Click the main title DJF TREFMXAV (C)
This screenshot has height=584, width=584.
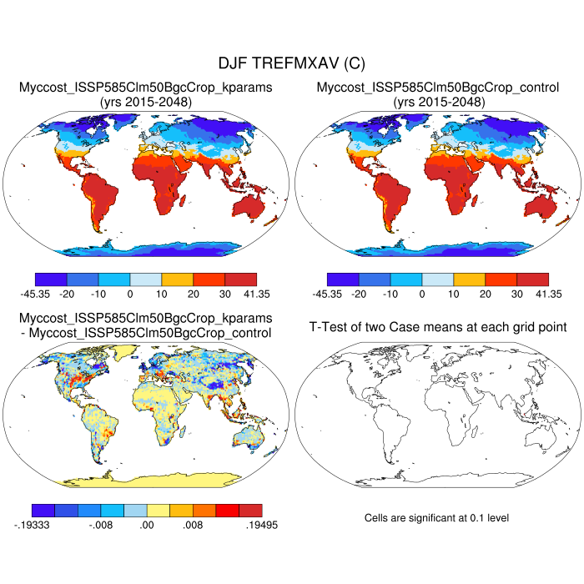291,63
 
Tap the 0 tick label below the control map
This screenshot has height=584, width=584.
422,294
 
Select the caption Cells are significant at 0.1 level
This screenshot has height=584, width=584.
436,518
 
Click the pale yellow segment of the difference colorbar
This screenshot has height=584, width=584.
159,509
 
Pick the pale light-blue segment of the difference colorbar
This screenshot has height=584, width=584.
135,509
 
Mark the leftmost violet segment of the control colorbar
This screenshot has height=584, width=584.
343,279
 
